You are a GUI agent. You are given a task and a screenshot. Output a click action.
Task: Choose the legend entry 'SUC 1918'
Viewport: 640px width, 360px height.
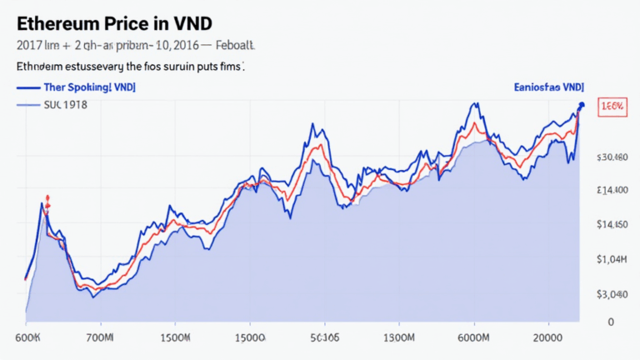65,105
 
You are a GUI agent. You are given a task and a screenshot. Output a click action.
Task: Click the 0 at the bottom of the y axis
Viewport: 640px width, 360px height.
611,322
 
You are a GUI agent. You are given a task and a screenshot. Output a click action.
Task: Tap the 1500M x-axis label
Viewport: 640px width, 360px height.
174,337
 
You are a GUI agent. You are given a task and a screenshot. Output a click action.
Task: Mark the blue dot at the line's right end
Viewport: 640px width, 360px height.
581,105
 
